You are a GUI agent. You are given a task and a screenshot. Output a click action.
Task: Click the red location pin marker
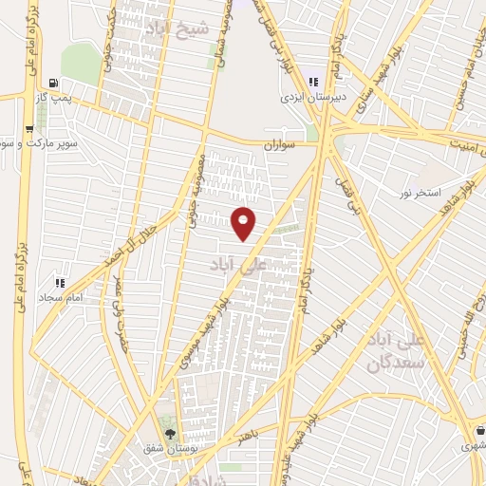click(244, 222)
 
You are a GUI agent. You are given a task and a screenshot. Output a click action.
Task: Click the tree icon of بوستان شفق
click(170, 433)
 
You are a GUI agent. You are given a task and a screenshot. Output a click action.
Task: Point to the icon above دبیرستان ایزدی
click(314, 82)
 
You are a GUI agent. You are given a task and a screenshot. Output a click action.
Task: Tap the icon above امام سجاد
click(61, 283)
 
